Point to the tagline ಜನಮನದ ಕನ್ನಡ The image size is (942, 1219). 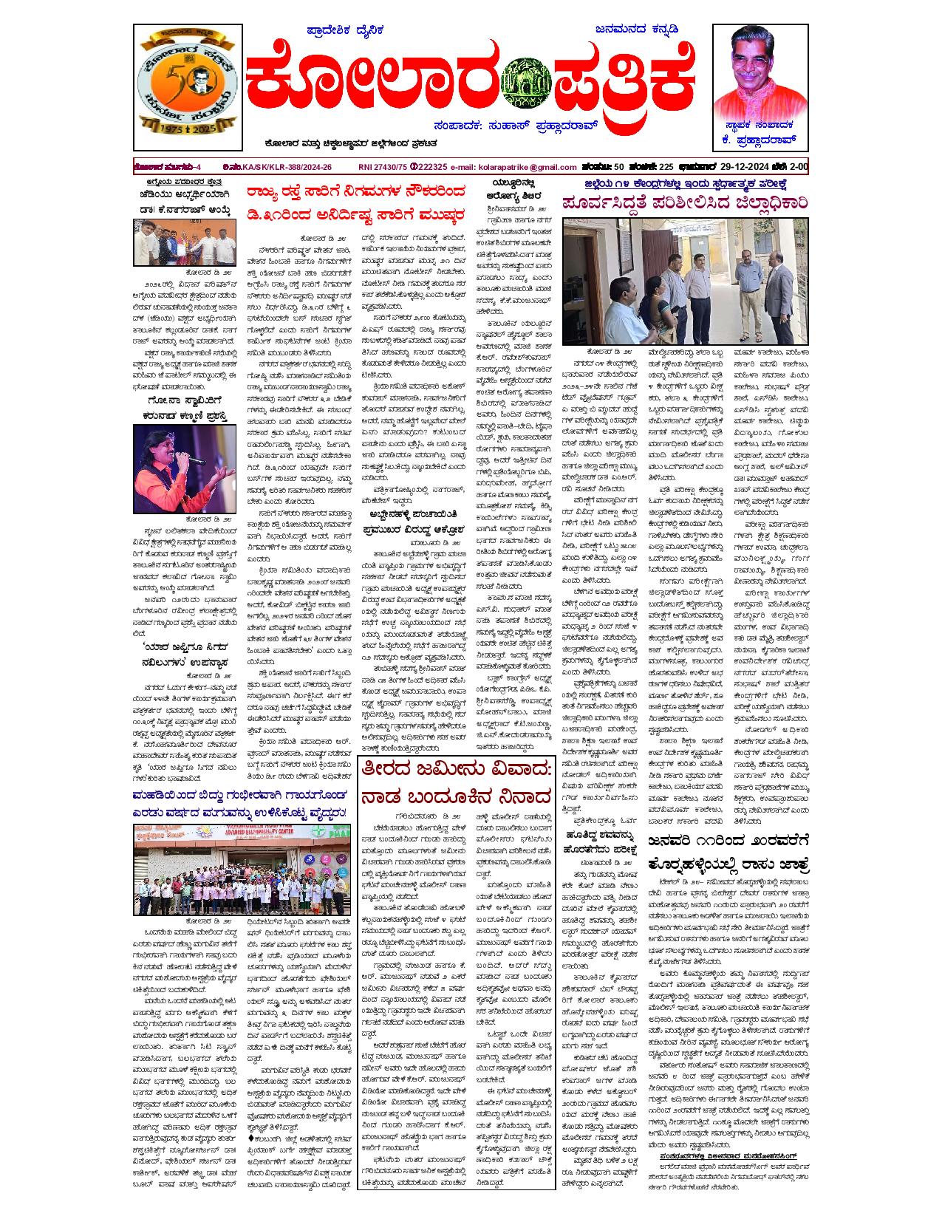pyautogui.click(x=636, y=30)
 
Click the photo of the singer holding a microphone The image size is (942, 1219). pyautogui.click(x=185, y=469)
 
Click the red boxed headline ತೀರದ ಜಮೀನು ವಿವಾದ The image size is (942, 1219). pyautogui.click(x=457, y=770)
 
